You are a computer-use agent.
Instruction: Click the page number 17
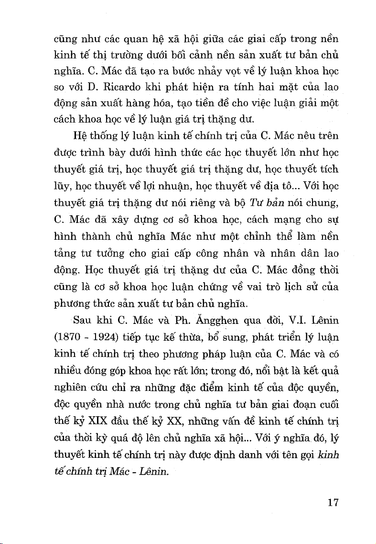pyautogui.click(x=333, y=502)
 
